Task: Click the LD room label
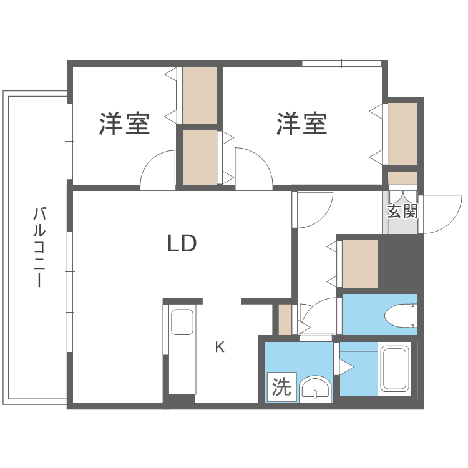182,243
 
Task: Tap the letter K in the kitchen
220,348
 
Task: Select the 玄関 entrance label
402,211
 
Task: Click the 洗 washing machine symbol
281,388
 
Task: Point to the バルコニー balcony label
39,246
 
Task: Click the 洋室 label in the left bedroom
125,124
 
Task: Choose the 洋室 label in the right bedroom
303,124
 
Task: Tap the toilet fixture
401,314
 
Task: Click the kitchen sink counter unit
182,349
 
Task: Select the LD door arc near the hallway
314,210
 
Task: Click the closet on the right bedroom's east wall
402,134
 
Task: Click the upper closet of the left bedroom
200,95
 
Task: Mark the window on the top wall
341,63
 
